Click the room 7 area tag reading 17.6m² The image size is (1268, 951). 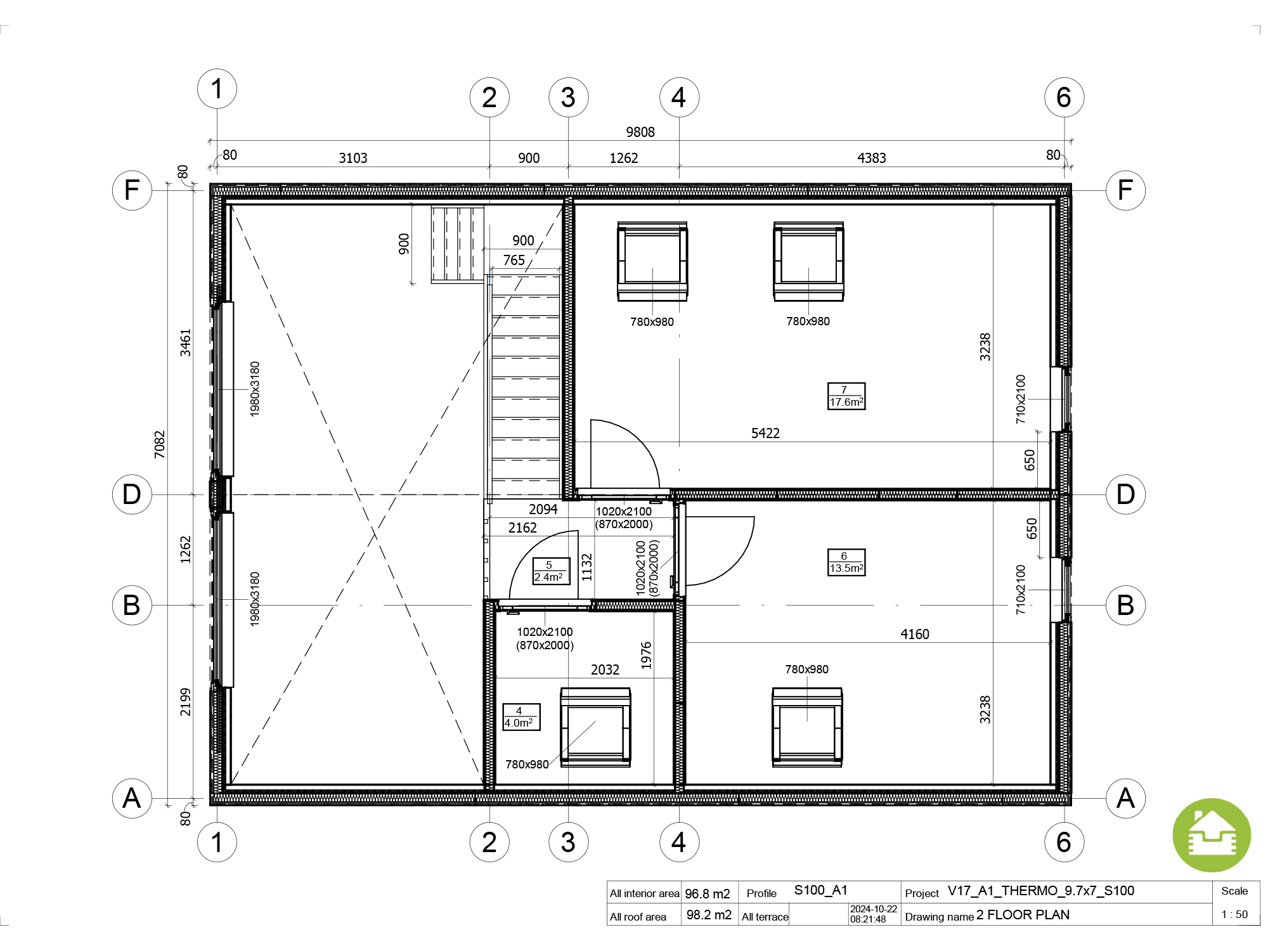pyautogui.click(x=846, y=396)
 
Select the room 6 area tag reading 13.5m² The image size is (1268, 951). pyautogui.click(x=846, y=562)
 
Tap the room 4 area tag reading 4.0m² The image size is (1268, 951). pyautogui.click(x=521, y=717)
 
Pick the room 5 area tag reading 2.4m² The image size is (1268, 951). pyautogui.click(x=551, y=571)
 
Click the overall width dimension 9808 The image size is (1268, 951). pyautogui.click(x=640, y=132)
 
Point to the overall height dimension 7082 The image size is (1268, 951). pyautogui.click(x=159, y=444)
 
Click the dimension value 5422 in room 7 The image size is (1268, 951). pyautogui.click(x=765, y=433)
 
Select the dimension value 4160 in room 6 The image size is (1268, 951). pyautogui.click(x=915, y=634)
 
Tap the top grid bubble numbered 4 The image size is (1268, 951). pyautogui.click(x=679, y=98)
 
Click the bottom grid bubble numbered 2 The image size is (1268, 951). pyautogui.click(x=489, y=842)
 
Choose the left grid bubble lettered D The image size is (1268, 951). pyautogui.click(x=132, y=495)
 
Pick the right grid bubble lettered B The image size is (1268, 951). pyautogui.click(x=1125, y=605)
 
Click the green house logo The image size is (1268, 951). pyautogui.click(x=1212, y=835)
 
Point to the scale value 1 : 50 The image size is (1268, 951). pyautogui.click(x=1234, y=914)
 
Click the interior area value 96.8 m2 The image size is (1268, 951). pyautogui.click(x=708, y=894)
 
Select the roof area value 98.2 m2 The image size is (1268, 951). pyautogui.click(x=709, y=915)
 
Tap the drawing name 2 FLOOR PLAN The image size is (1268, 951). pyautogui.click(x=1023, y=915)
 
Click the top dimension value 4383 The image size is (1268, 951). pyautogui.click(x=872, y=158)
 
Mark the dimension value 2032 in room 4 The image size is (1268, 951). pyautogui.click(x=605, y=670)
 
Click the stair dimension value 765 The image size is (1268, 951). pyautogui.click(x=514, y=260)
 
